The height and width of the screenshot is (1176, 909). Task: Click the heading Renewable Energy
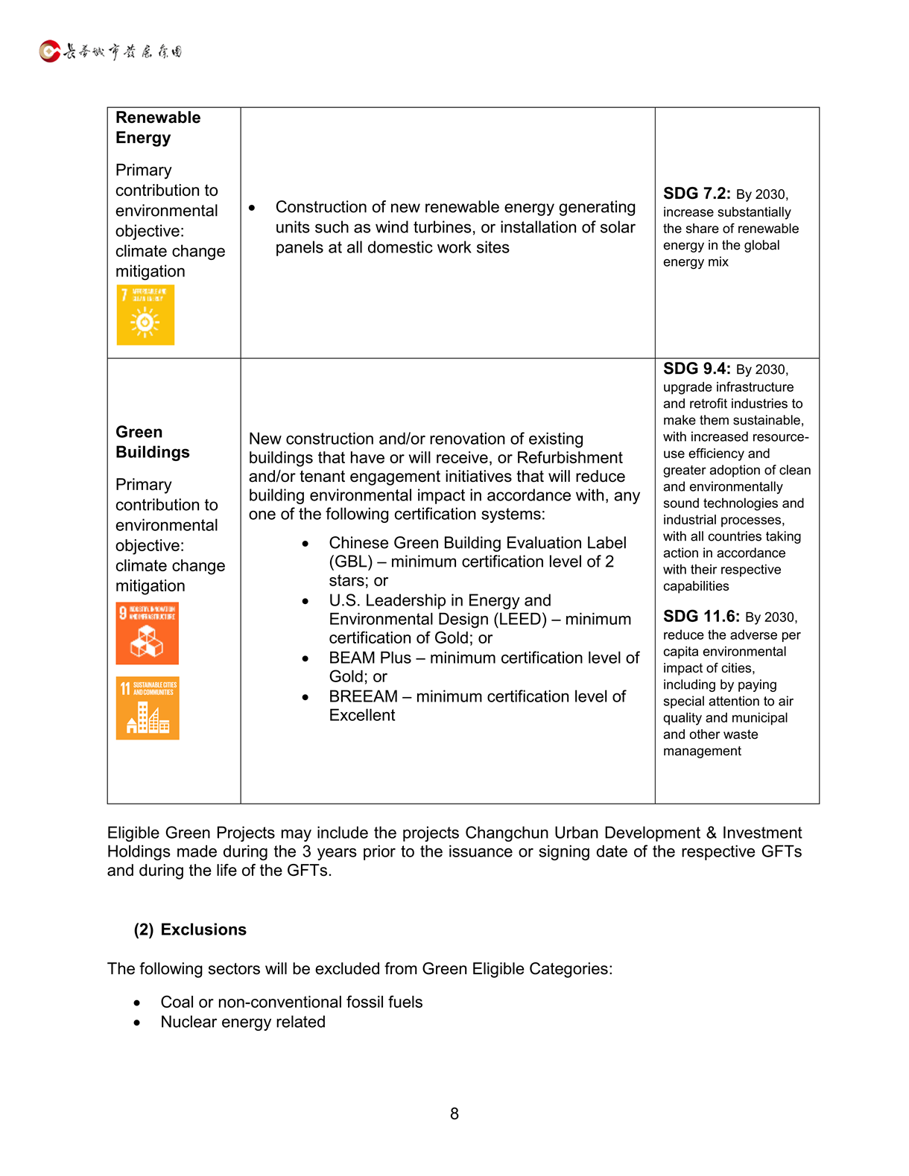(157, 127)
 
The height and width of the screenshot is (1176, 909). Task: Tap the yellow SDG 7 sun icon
(145, 315)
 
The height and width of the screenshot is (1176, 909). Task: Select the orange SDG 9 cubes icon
(147, 633)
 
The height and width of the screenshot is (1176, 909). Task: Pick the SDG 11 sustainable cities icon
(148, 708)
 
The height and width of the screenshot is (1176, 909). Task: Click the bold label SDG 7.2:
(697, 194)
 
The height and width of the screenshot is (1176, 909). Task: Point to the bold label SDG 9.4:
(697, 369)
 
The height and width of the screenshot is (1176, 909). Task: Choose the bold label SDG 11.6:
(701, 617)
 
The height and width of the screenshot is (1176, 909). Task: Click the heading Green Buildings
(152, 442)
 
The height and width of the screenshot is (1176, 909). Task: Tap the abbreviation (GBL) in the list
(350, 562)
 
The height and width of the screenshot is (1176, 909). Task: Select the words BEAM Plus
(370, 658)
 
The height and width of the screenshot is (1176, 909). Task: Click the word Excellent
(362, 715)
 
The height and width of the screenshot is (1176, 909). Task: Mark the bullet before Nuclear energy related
(137, 1023)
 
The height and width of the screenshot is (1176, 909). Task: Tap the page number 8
(454, 1113)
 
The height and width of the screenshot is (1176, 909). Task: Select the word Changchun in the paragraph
(507, 833)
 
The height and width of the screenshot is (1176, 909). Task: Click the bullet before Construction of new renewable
(253, 208)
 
